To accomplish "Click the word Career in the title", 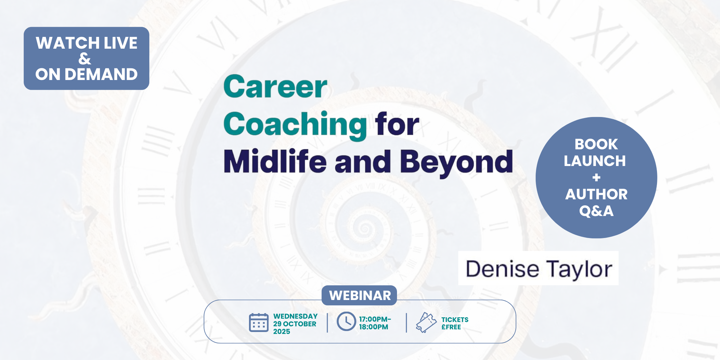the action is (x=275, y=87).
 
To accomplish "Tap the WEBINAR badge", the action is (x=359, y=295).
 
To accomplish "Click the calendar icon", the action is (x=259, y=323).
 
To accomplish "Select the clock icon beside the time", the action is (x=346, y=321).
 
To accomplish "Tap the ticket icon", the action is (x=426, y=322).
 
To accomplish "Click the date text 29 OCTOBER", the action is (x=295, y=324).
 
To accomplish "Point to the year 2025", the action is (x=282, y=331).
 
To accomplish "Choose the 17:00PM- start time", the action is (x=375, y=319).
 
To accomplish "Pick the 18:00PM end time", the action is (x=374, y=327).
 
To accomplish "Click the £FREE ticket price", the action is (x=451, y=327).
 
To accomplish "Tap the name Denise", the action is (x=502, y=269).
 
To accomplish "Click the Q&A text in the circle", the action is (x=596, y=211).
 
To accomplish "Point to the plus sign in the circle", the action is (x=596, y=178).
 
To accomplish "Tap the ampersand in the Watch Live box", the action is (x=85, y=59).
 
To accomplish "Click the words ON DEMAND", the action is (x=86, y=74).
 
